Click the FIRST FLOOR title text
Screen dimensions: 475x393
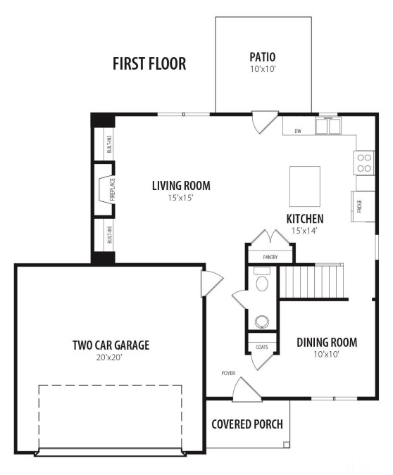click(x=149, y=64)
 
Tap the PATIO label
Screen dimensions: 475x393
click(x=262, y=56)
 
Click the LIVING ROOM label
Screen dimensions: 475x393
click(x=181, y=186)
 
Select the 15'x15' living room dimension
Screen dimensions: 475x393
click(x=181, y=198)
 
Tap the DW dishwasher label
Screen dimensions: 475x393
click(x=298, y=131)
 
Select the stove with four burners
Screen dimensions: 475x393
click(x=364, y=163)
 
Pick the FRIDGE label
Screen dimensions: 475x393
click(x=359, y=206)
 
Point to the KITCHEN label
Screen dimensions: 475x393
click(x=304, y=219)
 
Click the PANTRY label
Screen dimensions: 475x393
click(x=270, y=257)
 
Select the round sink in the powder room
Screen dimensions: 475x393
click(x=261, y=322)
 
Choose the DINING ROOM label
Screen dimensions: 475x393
click(x=326, y=343)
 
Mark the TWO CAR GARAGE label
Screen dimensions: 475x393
click(x=111, y=345)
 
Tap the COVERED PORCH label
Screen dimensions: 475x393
click(x=247, y=424)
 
